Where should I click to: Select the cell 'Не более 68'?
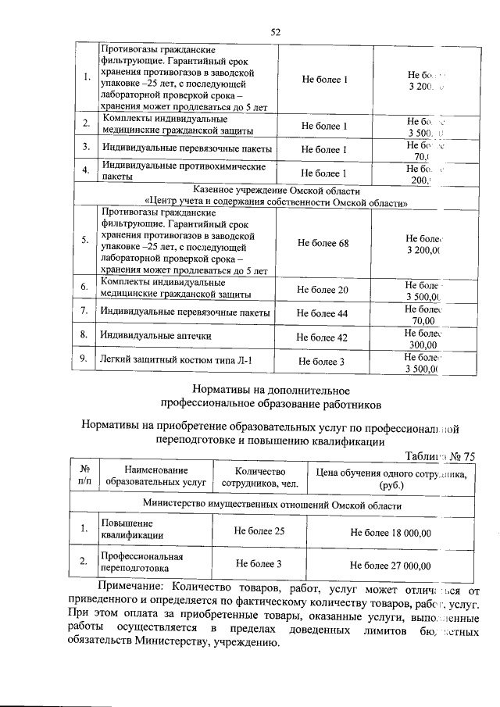(323, 243)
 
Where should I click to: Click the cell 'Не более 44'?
(323, 313)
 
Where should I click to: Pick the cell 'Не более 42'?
(323, 337)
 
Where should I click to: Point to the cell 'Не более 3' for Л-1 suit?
(323, 361)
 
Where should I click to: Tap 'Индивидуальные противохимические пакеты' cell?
(184, 172)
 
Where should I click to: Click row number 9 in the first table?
(84, 360)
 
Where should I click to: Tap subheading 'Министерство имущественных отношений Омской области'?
(271, 505)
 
